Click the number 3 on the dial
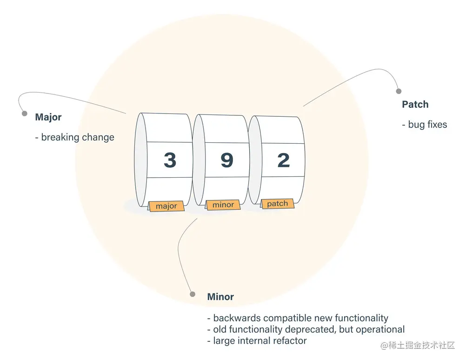[x=170, y=160]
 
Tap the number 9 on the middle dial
[x=226, y=160]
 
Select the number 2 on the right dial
[x=283, y=160]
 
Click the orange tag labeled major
[x=166, y=206]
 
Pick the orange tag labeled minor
[x=223, y=205]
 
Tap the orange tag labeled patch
[x=278, y=204]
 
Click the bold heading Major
[x=48, y=117]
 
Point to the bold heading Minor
[x=220, y=297]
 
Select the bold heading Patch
[x=415, y=105]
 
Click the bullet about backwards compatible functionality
[x=298, y=318]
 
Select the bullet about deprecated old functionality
[x=306, y=329]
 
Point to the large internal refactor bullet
[x=257, y=340]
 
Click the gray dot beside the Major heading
[x=24, y=113]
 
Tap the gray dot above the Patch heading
[x=398, y=92]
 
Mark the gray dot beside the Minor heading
[x=193, y=293]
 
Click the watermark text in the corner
[x=418, y=346]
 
